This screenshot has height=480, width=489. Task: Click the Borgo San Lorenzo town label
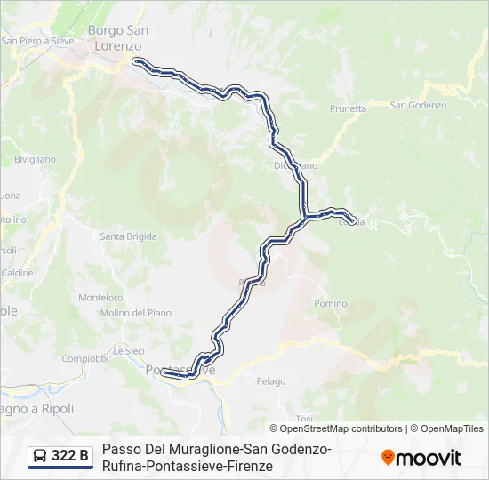(x=117, y=37)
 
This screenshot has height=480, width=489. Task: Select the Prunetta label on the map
(x=348, y=108)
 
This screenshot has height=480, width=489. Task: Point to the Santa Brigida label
(x=128, y=236)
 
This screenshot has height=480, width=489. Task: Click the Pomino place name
(x=330, y=303)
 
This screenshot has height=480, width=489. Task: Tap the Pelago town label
(x=271, y=381)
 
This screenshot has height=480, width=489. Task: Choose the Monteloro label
(x=100, y=298)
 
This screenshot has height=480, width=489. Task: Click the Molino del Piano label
(x=136, y=313)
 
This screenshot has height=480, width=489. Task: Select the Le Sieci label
(x=128, y=351)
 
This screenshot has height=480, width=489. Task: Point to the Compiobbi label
(x=85, y=358)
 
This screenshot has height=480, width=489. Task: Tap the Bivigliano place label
(x=35, y=159)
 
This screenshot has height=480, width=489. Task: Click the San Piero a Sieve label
(x=36, y=41)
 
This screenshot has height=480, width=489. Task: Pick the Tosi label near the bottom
(x=304, y=418)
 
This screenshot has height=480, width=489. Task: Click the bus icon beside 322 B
(x=41, y=456)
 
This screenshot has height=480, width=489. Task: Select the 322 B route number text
(x=70, y=456)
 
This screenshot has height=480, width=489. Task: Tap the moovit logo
(x=421, y=457)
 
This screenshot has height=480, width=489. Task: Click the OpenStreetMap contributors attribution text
(x=341, y=428)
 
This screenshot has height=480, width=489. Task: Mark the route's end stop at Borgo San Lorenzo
(x=137, y=61)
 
